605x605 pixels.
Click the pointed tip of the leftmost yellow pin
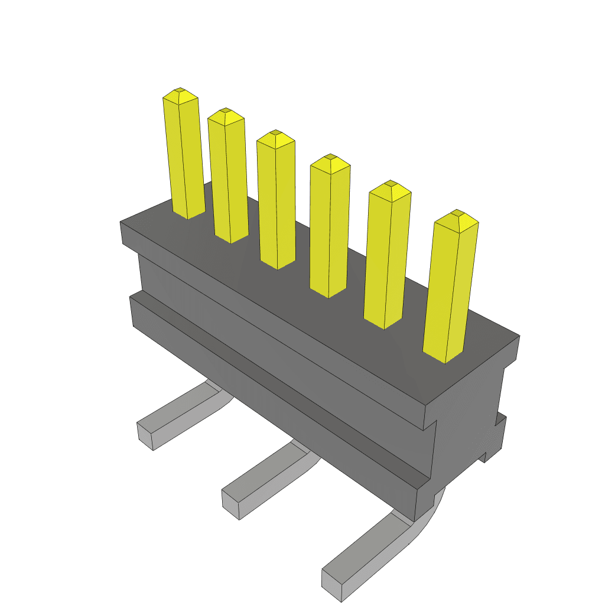(x=180, y=93)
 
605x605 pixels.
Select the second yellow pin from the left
(x=227, y=177)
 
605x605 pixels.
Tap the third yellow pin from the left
(x=276, y=201)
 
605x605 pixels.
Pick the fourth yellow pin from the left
(x=330, y=227)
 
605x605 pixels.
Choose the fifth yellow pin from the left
(x=387, y=257)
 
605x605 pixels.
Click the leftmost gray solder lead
(x=177, y=414)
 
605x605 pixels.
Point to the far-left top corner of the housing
(x=121, y=223)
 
